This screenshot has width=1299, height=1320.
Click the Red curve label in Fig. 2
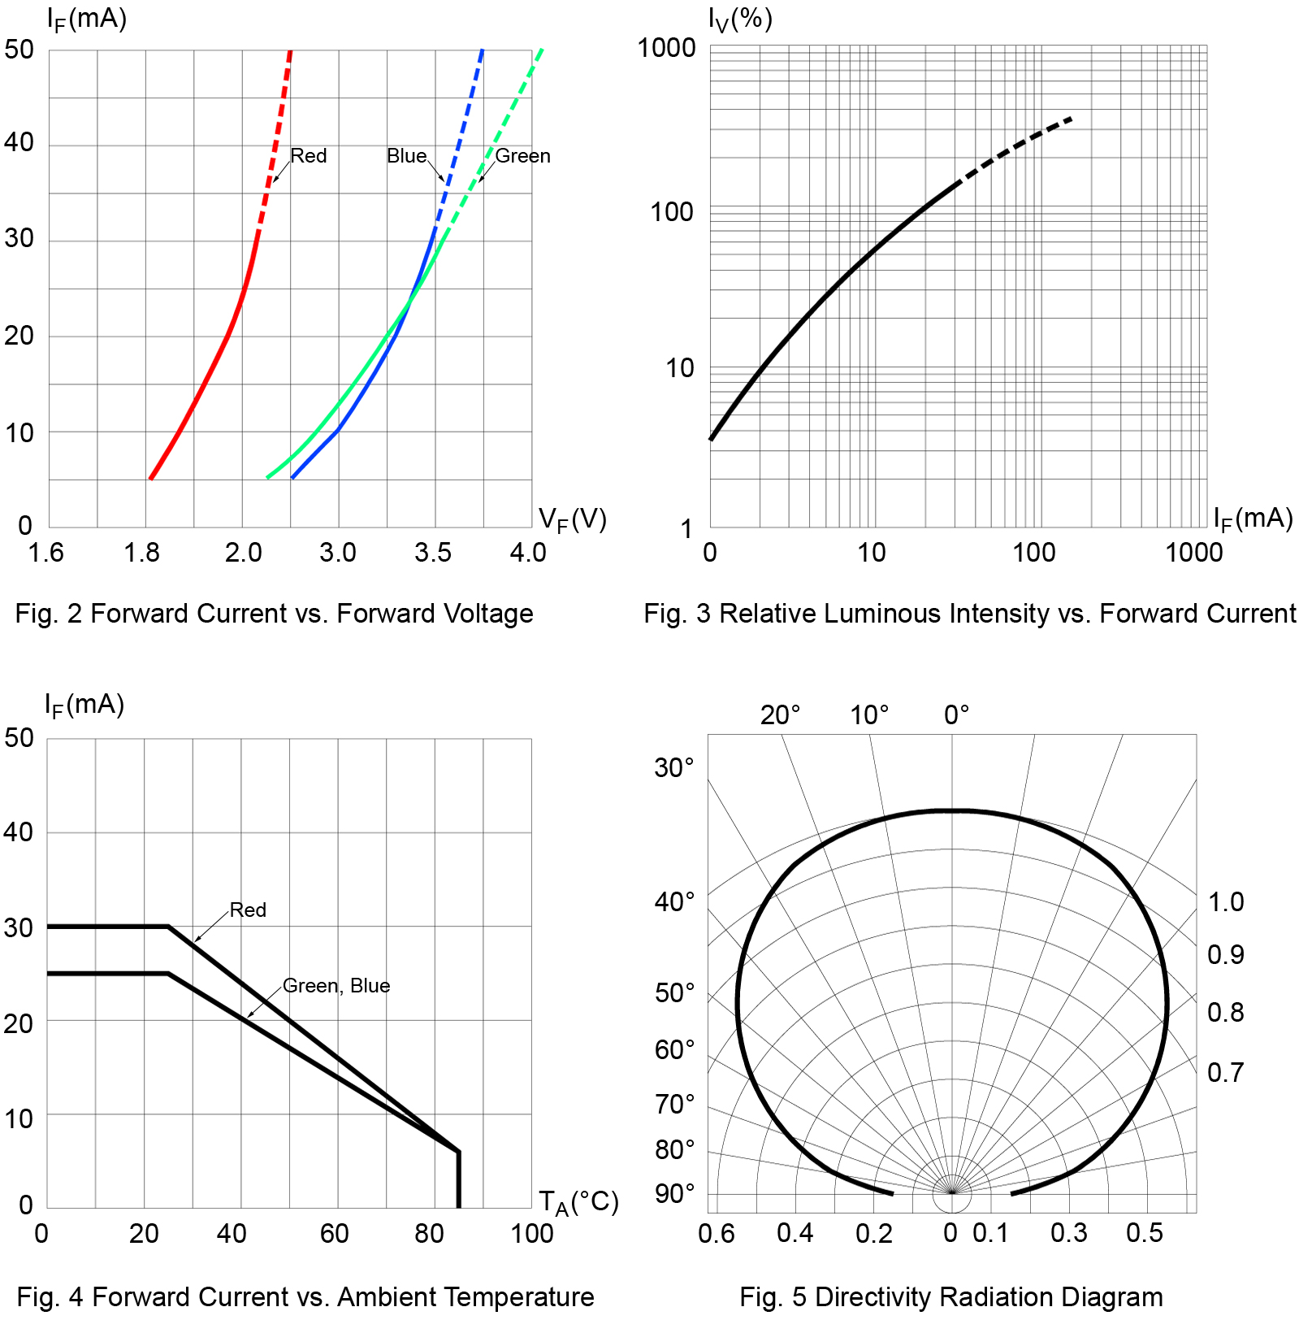(x=309, y=155)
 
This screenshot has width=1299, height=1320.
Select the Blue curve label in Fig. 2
(x=406, y=155)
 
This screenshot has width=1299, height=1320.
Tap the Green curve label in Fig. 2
(x=522, y=155)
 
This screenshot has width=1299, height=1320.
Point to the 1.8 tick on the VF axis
(x=141, y=553)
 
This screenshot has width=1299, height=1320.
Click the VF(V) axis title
(x=573, y=519)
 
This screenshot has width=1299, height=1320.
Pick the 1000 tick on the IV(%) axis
(x=666, y=48)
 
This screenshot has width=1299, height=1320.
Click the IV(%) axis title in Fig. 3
(x=739, y=19)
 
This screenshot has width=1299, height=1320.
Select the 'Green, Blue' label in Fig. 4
(x=336, y=985)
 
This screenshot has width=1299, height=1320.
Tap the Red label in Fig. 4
(x=248, y=910)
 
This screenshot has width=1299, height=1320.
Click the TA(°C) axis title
(x=578, y=1201)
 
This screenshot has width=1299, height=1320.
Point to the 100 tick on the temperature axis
(x=532, y=1234)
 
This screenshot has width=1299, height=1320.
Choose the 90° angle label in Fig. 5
(x=675, y=1193)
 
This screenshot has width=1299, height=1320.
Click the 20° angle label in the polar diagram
(x=780, y=715)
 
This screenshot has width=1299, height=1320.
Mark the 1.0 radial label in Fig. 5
(x=1226, y=901)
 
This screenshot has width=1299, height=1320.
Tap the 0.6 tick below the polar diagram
(x=717, y=1234)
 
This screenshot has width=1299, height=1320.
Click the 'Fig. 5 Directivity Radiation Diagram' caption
(x=950, y=1297)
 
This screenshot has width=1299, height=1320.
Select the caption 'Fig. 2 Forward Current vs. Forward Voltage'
(x=274, y=614)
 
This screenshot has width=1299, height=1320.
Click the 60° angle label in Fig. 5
(x=675, y=1049)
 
